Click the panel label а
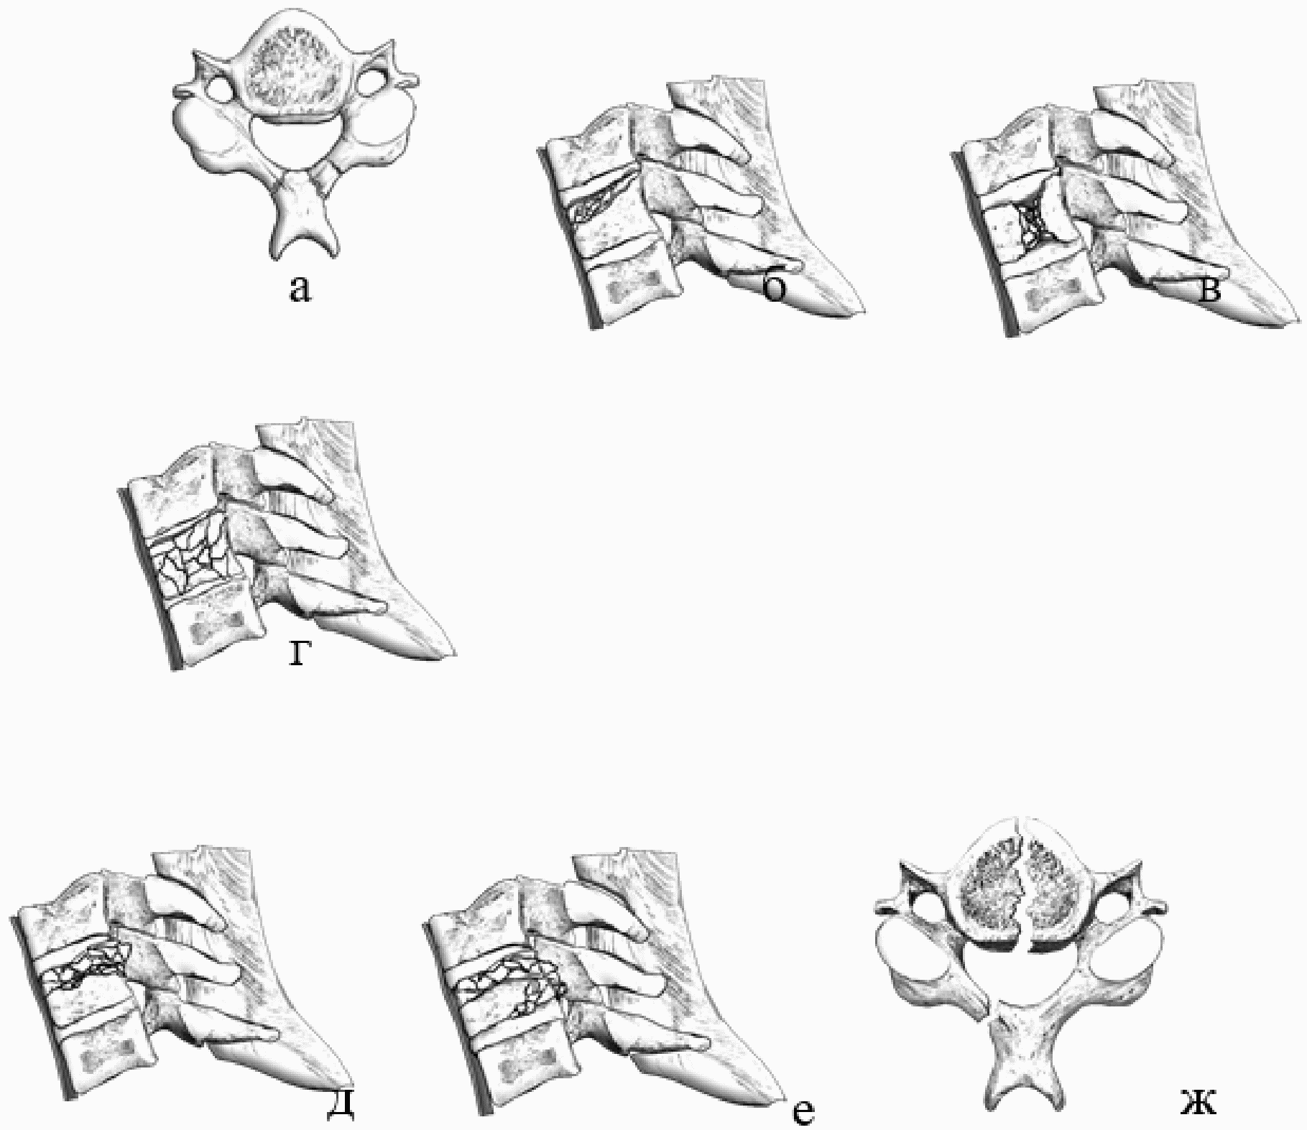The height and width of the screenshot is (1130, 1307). tap(300, 291)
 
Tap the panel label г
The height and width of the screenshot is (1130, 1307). tap(299, 654)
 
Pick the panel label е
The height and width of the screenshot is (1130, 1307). tap(804, 1111)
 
